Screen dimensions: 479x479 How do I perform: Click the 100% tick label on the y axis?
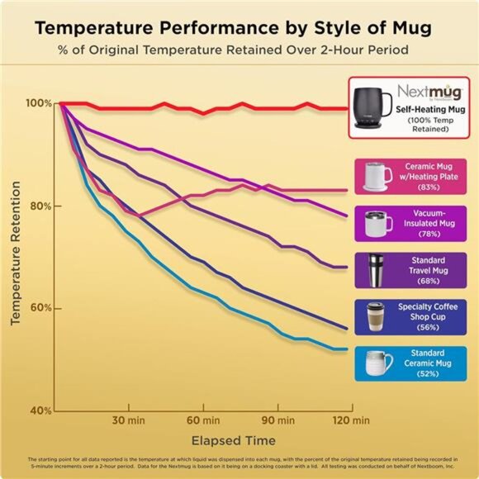[x=39, y=103]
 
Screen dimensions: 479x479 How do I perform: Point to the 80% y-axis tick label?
[x=42, y=206]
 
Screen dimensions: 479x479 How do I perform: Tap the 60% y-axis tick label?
[x=42, y=308]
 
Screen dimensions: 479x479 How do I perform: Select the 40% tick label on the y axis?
[x=42, y=410]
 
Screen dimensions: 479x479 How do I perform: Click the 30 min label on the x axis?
[x=128, y=420]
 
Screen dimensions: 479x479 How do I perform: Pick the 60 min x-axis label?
[x=203, y=420]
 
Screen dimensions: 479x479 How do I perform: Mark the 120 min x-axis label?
[x=350, y=420]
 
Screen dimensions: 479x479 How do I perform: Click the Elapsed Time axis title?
[x=234, y=440]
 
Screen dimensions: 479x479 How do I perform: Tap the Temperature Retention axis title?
[x=16, y=256]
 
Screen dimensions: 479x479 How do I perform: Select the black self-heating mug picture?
[x=374, y=106]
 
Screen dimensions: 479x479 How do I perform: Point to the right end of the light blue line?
[x=346, y=349]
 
